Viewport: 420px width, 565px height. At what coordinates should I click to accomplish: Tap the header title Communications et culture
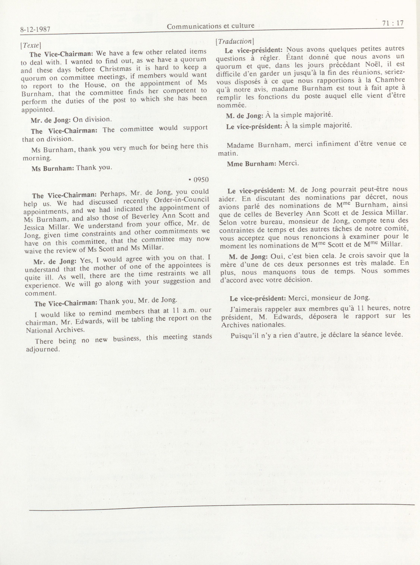point(210,26)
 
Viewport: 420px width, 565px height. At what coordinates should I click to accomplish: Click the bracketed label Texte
point(30,45)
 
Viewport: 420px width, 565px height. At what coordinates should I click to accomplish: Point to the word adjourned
point(43,349)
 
